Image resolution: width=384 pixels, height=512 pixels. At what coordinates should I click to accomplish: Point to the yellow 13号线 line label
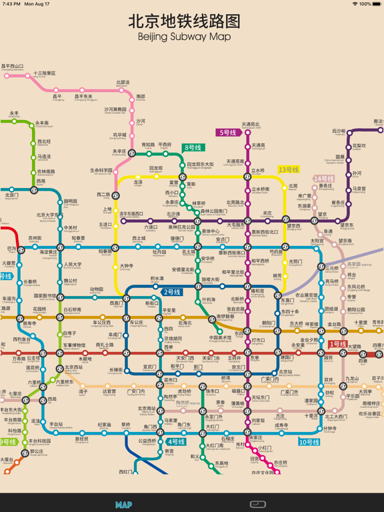click(289, 170)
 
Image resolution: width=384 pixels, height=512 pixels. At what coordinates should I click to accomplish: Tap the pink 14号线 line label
click(324, 179)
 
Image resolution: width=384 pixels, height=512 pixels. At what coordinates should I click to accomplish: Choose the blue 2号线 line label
click(172, 292)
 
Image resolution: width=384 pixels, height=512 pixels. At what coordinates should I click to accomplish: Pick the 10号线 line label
click(309, 441)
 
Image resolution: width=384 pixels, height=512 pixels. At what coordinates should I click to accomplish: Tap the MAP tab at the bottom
click(123, 505)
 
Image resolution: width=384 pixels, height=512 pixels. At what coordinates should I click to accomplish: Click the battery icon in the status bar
click(378, 4)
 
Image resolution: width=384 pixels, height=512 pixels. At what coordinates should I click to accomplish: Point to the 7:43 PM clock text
click(11, 4)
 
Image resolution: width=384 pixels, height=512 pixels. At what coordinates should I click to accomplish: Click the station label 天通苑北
click(251, 125)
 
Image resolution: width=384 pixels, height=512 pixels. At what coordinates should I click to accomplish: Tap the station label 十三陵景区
click(45, 73)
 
